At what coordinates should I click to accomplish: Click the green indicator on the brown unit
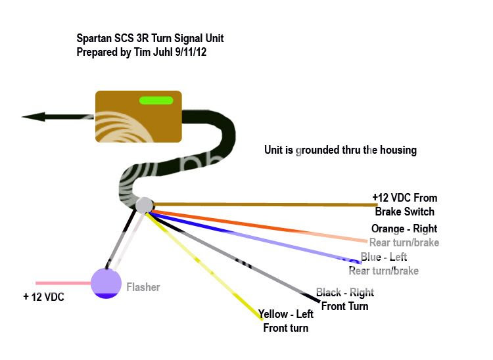tap(156, 101)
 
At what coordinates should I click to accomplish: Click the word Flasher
tap(143, 287)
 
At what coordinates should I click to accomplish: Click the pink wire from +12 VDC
tap(62, 283)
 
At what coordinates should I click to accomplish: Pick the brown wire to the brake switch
tap(263, 205)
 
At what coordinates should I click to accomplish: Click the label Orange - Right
tap(404, 229)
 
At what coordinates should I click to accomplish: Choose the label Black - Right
tap(345, 292)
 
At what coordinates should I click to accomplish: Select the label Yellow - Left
tap(286, 314)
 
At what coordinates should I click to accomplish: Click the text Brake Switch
tap(405, 212)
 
